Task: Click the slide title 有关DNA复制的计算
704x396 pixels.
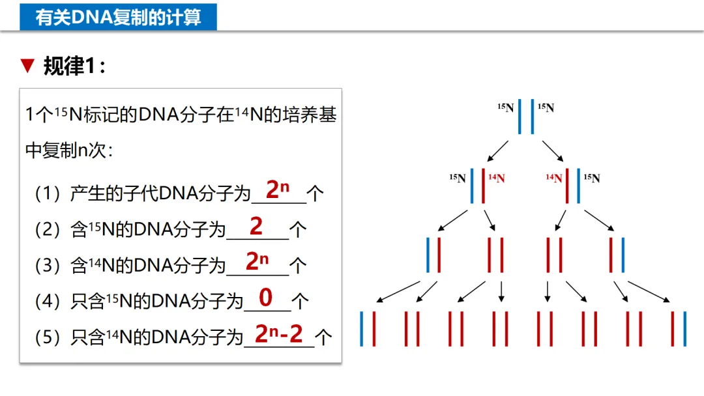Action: (118, 17)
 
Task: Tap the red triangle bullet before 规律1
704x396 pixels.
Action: (27, 65)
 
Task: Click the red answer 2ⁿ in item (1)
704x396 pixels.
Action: (277, 190)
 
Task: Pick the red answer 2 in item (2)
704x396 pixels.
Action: (256, 226)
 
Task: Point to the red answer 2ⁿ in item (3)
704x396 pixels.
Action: (257, 262)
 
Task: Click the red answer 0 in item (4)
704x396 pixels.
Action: (266, 298)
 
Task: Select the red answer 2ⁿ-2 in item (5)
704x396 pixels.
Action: (279, 334)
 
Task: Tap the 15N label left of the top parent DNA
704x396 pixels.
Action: (506, 107)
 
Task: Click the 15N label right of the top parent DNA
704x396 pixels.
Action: (546, 107)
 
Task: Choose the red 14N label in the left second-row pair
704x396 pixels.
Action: (497, 178)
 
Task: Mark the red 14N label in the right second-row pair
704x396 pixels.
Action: (554, 178)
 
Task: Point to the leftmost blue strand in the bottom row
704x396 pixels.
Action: (361, 328)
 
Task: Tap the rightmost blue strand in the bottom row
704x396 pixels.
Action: (685, 328)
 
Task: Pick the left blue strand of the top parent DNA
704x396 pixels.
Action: (520, 116)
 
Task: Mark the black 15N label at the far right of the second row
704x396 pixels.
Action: (592, 178)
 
